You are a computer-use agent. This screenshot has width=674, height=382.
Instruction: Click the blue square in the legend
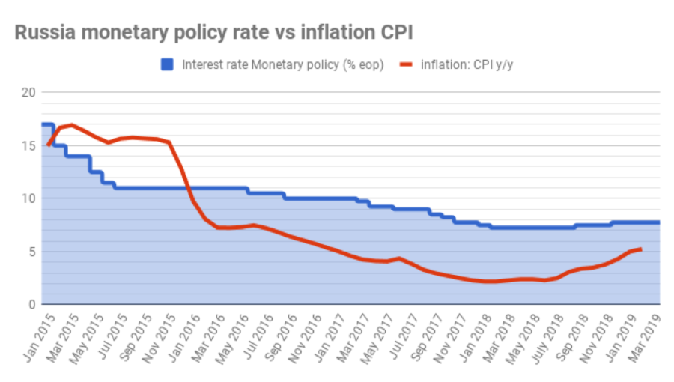pyautogui.click(x=168, y=64)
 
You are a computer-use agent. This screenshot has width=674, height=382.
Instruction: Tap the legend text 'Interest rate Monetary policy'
pyautogui.click(x=283, y=64)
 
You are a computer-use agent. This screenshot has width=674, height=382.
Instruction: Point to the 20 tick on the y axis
pyautogui.click(x=28, y=92)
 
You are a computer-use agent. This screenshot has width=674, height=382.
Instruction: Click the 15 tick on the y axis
pyautogui.click(x=28, y=145)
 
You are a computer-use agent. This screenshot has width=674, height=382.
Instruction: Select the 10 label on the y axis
pyautogui.click(x=28, y=198)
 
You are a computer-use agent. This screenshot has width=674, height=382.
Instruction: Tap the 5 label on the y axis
pyautogui.click(x=31, y=252)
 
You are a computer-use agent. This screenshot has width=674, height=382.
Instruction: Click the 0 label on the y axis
pyautogui.click(x=31, y=305)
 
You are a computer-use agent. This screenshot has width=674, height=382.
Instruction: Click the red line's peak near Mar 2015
pyautogui.click(x=70, y=124)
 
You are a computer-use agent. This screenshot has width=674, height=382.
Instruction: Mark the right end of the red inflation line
pyautogui.click(x=640, y=249)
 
